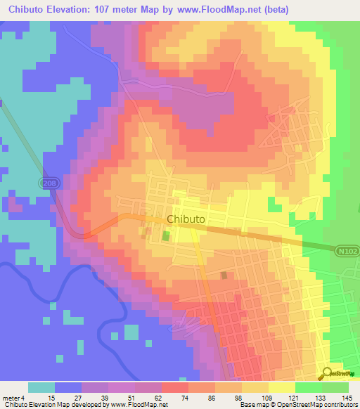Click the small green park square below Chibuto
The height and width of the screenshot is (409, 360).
[x=167, y=236]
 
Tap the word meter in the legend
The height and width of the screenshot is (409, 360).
[x=11, y=398]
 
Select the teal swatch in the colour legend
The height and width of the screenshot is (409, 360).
[x=41, y=387]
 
